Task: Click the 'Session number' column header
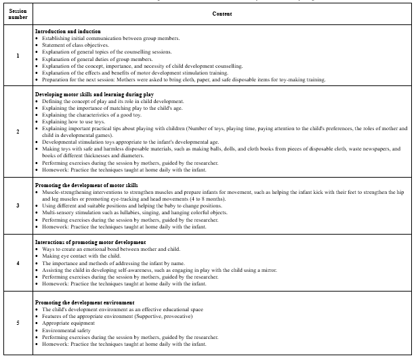(x=18, y=14)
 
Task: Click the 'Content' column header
(x=223, y=14)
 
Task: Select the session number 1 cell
(x=18, y=56)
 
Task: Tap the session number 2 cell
(x=18, y=132)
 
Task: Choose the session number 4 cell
(x=18, y=262)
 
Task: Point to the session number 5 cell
(x=18, y=323)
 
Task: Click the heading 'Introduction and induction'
(x=68, y=32)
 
